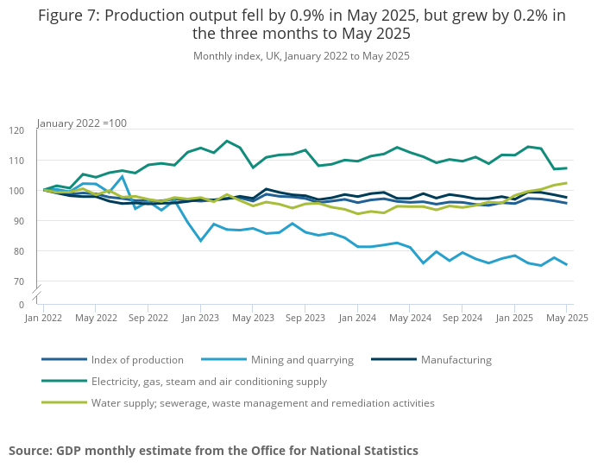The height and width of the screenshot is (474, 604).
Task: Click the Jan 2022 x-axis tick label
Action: pyautogui.click(x=43, y=318)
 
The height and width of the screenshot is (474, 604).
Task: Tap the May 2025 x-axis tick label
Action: pyautogui.click(x=566, y=318)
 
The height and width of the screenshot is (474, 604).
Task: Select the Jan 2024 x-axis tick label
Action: pyautogui.click(x=356, y=318)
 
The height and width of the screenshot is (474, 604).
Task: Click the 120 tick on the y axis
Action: pyautogui.click(x=17, y=130)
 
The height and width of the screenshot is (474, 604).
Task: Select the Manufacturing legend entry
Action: pyautogui.click(x=456, y=360)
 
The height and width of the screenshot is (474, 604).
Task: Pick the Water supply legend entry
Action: pyautogui.click(x=262, y=402)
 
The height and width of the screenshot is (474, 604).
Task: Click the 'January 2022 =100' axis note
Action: pyautogui.click(x=82, y=123)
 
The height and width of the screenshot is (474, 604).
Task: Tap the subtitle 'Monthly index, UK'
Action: pyautogui.click(x=301, y=56)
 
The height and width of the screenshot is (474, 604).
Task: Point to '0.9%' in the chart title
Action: pyautogui.click(x=295, y=16)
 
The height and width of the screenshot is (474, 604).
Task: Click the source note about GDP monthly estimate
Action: pyautogui.click(x=213, y=451)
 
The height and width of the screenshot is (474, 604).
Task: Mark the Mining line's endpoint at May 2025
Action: pyautogui.click(x=566, y=264)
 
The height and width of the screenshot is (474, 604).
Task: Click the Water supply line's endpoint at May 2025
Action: pyautogui.click(x=566, y=183)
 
